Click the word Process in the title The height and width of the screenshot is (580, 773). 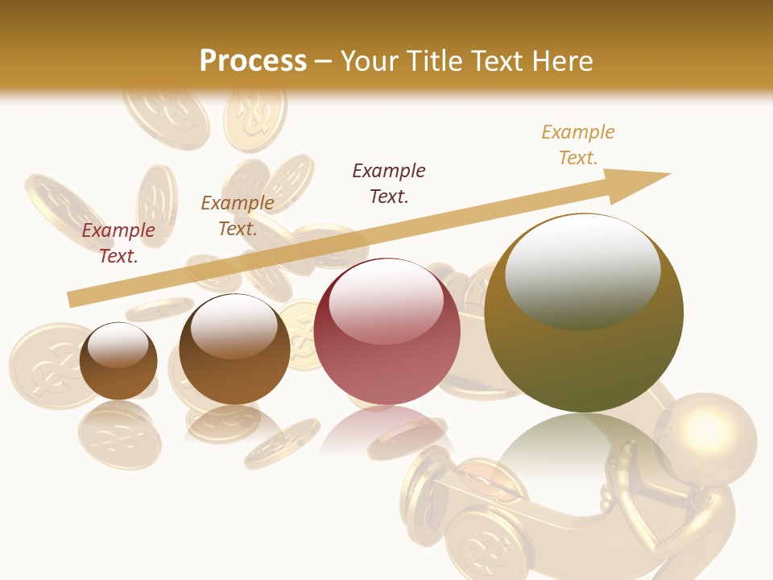(253, 61)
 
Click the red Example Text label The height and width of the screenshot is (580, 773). (118, 242)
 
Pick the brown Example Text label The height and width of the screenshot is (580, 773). (237, 215)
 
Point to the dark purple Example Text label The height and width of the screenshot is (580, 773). (389, 183)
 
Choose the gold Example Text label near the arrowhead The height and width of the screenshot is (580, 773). (577, 144)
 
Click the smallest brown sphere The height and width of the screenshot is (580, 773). (118, 371)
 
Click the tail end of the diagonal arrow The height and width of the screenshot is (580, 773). (74, 299)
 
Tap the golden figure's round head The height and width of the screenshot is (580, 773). (705, 432)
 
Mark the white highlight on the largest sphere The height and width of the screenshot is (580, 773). (582, 270)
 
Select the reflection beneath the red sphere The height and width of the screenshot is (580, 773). (387, 431)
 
